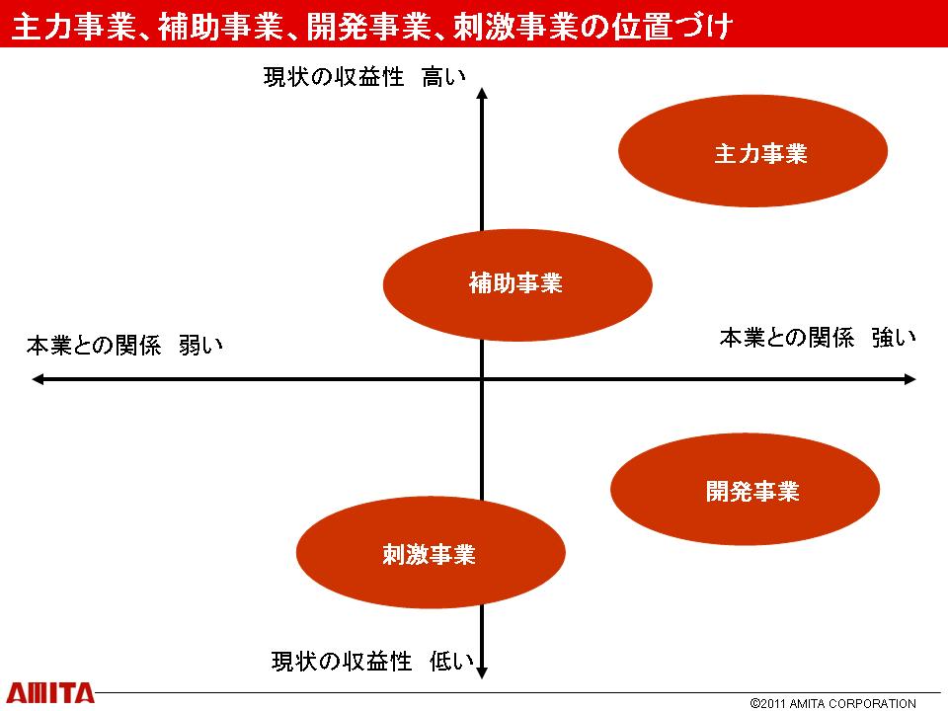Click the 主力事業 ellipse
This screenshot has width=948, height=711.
pyautogui.click(x=752, y=151)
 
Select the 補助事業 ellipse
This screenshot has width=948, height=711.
pyautogui.click(x=517, y=284)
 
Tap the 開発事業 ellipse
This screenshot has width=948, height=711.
pyautogui.click(x=745, y=489)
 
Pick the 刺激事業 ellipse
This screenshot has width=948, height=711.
pyautogui.click(x=431, y=553)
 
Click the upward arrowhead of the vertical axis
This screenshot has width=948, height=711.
pyautogui.click(x=482, y=93)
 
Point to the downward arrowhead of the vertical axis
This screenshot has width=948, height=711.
pyautogui.click(x=482, y=672)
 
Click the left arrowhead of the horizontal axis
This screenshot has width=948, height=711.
pyautogui.click(x=38, y=379)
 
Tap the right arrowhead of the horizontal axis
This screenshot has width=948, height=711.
pyautogui.click(x=909, y=379)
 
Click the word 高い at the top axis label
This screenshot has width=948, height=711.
pyautogui.click(x=443, y=77)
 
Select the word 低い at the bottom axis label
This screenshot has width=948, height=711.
pyautogui.click(x=451, y=661)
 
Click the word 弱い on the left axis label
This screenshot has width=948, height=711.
pyautogui.click(x=200, y=346)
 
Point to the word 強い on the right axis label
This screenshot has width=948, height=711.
pyautogui.click(x=894, y=338)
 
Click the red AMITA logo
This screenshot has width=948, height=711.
pyautogui.click(x=50, y=693)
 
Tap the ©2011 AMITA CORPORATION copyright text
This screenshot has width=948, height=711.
pyautogui.click(x=832, y=703)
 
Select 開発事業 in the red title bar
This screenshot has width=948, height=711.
pyautogui.click(x=369, y=26)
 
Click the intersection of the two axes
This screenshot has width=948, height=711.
pyautogui.click(x=482, y=379)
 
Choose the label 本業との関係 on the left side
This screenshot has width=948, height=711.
pyautogui.click(x=94, y=346)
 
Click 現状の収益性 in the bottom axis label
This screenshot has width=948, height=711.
pyautogui.click(x=342, y=661)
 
